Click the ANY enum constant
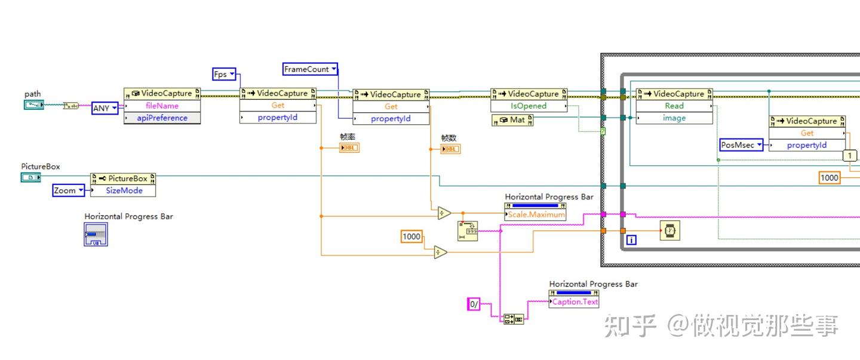coord(105,108)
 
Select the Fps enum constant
coord(224,75)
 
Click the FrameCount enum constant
coord(310,69)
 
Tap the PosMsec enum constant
coord(741,145)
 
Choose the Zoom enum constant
coord(69,190)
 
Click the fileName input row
coord(162,106)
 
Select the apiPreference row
coord(162,118)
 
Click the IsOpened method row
coord(528,106)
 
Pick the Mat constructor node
coord(512,120)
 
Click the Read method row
coord(674,106)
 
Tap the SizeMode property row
coord(122,190)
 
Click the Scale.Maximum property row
coord(535,214)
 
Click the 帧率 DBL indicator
coord(349,148)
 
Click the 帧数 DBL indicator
coord(450,149)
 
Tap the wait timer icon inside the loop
coord(669,230)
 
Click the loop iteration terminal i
coord(631,240)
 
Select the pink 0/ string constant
coord(474,304)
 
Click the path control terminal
coord(34,105)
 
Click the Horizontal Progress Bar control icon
coord(96,235)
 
